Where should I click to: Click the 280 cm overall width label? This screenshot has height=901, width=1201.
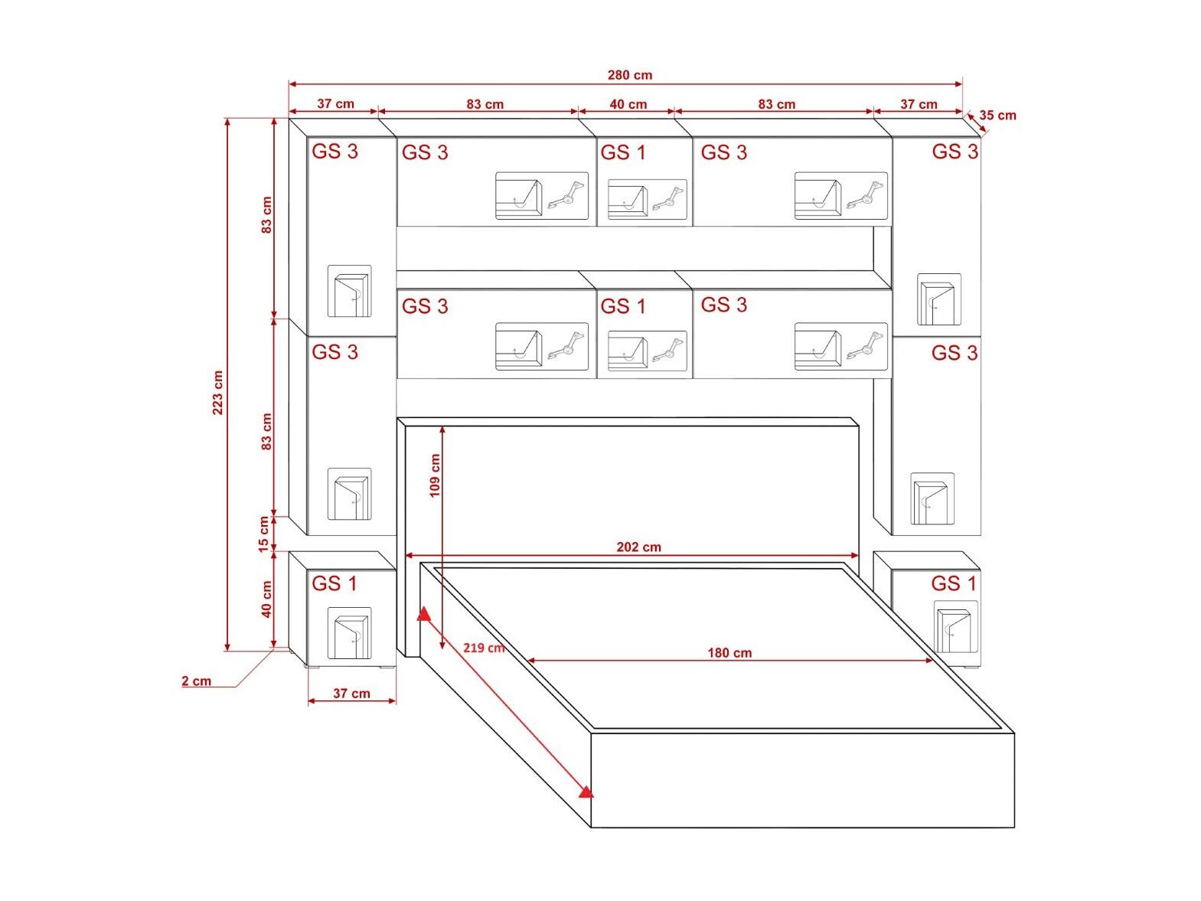point(630,75)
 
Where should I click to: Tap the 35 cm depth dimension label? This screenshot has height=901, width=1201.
point(997,116)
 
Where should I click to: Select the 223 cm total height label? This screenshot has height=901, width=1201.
point(217,392)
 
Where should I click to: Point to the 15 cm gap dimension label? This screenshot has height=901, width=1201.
point(264,534)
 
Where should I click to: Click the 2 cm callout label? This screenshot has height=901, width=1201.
point(197,681)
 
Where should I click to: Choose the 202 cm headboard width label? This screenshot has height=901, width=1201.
point(638,547)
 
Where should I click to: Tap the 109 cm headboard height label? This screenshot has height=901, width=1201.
point(435,475)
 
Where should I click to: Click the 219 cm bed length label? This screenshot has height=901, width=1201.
point(484,648)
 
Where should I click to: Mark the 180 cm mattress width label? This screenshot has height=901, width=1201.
point(729,653)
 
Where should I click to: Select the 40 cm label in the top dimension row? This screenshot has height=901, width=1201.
point(628,104)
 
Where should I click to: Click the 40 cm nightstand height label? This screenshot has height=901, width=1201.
point(266,599)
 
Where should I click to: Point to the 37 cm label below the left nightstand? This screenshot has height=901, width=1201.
point(351,693)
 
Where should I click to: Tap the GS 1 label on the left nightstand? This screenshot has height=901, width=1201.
point(335,583)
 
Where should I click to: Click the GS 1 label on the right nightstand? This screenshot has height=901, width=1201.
point(954,583)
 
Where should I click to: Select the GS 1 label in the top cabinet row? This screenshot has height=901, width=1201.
point(623,152)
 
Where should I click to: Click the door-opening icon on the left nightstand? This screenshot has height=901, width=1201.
point(350,633)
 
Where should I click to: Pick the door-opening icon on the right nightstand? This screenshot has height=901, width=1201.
point(956,628)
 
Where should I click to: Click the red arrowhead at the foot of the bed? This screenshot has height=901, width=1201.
point(586,792)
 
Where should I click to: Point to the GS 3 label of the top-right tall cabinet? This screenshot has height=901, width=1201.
point(955,152)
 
